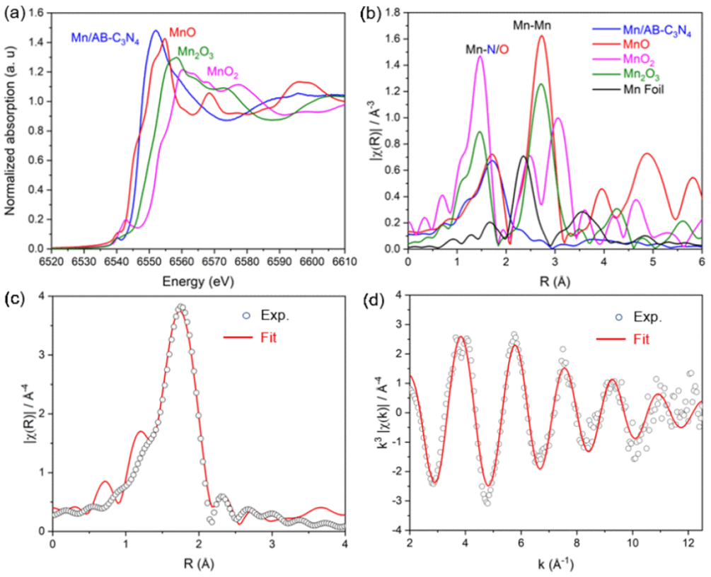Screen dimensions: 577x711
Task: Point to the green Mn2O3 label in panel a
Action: tap(196, 52)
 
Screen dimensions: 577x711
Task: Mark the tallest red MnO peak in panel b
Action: tap(542, 37)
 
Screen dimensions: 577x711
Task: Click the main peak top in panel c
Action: tap(181, 307)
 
